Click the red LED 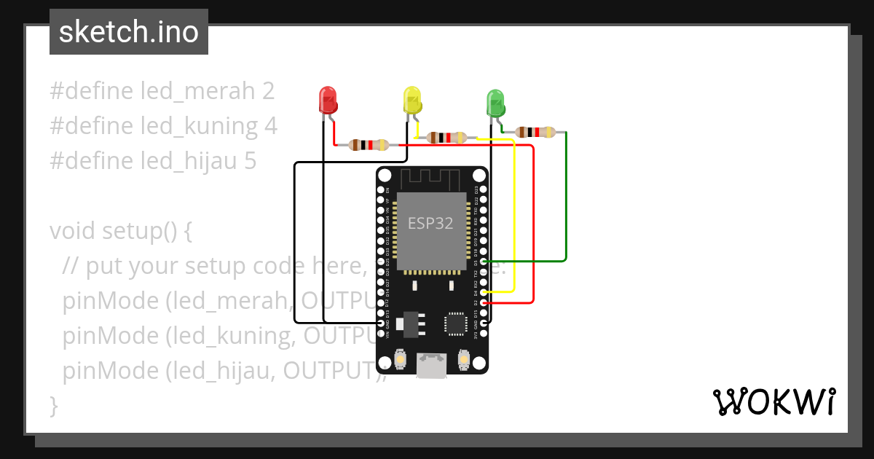tap(328, 101)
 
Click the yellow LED tap(412, 101)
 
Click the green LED tap(495, 103)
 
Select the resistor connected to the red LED tap(369, 144)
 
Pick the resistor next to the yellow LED tap(446, 137)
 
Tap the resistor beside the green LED tap(535, 132)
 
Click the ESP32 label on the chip tap(430, 224)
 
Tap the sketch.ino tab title tap(128, 32)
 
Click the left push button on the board tap(400, 358)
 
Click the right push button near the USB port tap(463, 358)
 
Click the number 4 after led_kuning tap(271, 126)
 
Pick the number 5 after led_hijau tap(249, 161)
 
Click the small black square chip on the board tap(456, 323)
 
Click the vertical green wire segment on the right tap(566, 195)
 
